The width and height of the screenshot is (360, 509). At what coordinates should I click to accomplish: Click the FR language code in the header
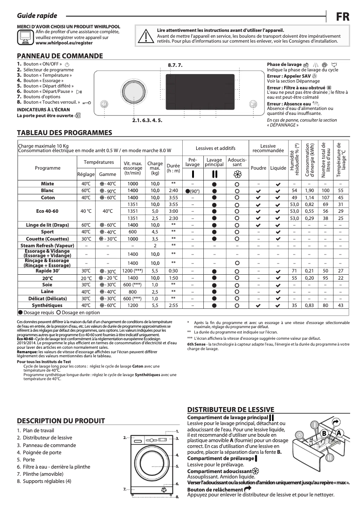343,16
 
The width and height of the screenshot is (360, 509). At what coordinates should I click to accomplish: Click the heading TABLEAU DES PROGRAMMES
64,133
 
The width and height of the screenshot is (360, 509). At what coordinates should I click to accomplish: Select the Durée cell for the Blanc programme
173,191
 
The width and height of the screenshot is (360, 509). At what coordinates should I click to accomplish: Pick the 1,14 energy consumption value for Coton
309,197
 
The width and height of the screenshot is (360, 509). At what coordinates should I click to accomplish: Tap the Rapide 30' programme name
48,271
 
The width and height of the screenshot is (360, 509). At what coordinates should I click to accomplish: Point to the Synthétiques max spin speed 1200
132,305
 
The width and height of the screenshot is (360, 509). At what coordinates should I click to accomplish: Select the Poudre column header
258,168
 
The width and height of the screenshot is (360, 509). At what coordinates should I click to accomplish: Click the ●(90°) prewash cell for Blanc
192,191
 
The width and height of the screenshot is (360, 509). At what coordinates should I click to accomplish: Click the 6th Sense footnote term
196,344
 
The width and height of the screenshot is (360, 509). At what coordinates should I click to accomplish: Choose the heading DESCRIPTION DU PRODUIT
61,421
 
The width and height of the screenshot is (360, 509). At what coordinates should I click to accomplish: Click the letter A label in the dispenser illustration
339,432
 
